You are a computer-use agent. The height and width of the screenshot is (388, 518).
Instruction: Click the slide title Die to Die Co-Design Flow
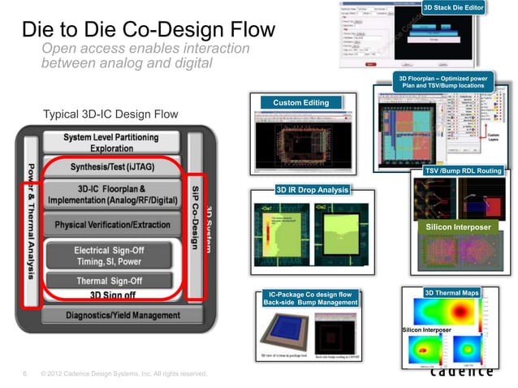click(x=148, y=32)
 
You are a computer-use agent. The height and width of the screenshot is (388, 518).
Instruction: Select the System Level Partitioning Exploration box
click(x=110, y=144)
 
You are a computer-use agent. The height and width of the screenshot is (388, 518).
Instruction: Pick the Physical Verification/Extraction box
click(x=110, y=224)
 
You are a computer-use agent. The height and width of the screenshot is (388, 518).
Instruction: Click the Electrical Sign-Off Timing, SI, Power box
click(x=110, y=256)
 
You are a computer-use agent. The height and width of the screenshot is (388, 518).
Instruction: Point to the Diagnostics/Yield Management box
click(x=110, y=315)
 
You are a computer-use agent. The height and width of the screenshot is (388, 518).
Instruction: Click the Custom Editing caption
click(x=300, y=103)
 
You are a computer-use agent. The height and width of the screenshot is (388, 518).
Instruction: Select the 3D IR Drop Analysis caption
click(x=312, y=190)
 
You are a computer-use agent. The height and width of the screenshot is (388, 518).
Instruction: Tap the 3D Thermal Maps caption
click(x=451, y=292)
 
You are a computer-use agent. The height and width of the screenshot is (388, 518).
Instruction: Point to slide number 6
click(x=25, y=374)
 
